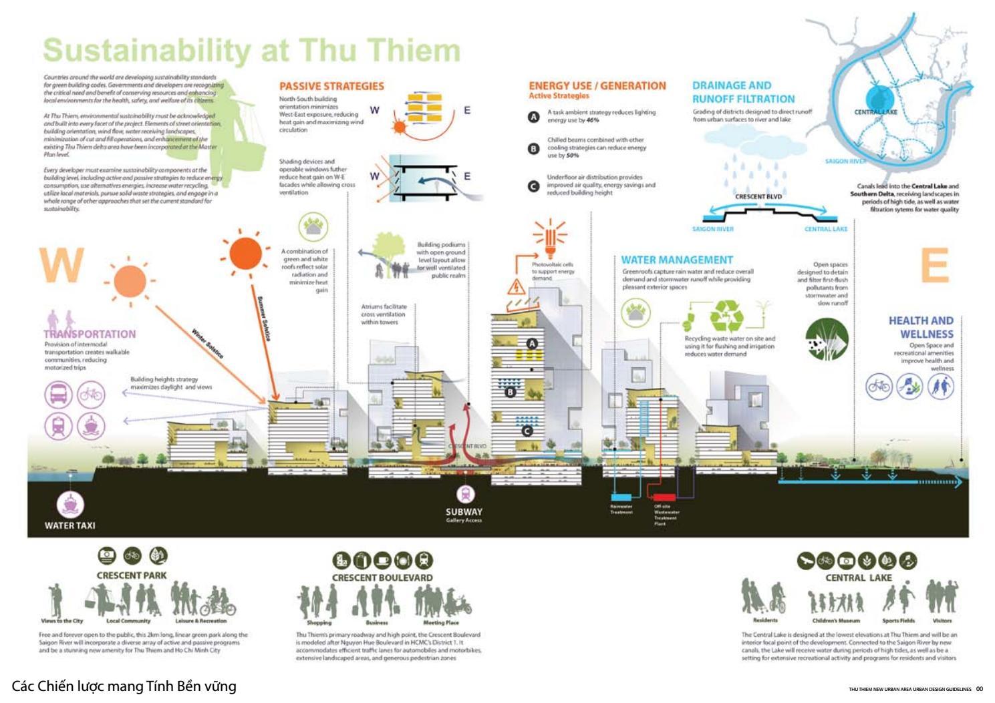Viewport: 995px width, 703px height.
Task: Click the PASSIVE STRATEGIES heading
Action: click(331, 86)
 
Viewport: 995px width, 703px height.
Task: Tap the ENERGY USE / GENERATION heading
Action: click(597, 85)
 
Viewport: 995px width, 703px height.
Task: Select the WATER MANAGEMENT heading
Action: click(676, 260)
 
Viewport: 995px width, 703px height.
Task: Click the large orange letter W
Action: click(61, 265)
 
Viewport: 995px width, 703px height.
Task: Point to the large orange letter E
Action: click(934, 266)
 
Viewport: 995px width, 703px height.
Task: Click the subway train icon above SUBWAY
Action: click(465, 494)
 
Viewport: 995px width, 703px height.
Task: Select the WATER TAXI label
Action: click(69, 525)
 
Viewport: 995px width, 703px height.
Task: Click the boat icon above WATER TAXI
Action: click(69, 504)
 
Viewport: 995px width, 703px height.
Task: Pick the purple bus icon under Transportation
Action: click(58, 394)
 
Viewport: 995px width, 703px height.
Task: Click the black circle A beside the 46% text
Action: click(533, 117)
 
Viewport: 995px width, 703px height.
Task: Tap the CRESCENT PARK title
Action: click(132, 575)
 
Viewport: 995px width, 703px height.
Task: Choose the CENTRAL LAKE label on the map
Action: click(875, 112)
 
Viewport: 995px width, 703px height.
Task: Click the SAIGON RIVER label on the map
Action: click(845, 161)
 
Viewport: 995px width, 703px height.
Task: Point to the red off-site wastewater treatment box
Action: click(663, 497)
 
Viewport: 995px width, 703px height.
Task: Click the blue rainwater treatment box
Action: click(621, 497)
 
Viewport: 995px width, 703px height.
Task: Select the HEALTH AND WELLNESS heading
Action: click(920, 327)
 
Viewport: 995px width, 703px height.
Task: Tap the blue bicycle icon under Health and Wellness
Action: click(879, 386)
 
